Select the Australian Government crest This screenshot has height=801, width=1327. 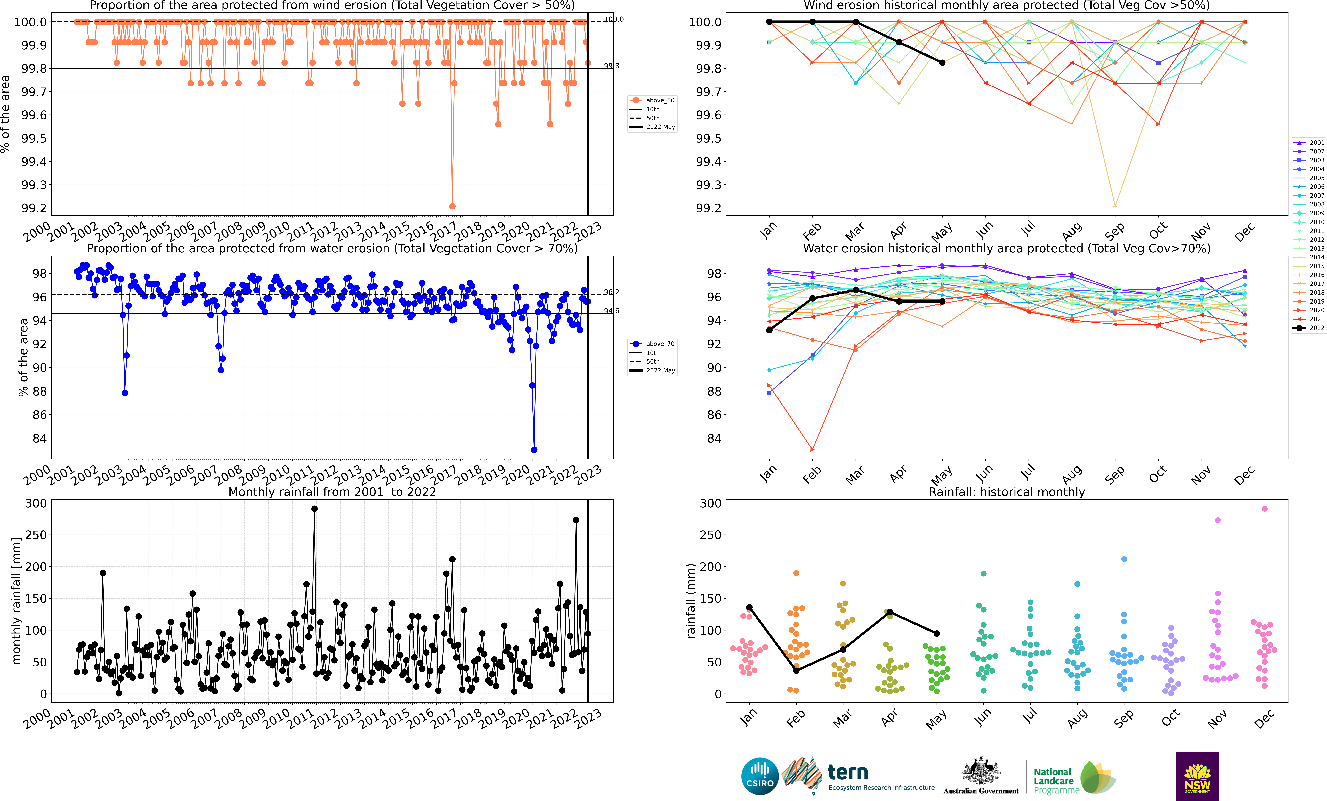point(981,776)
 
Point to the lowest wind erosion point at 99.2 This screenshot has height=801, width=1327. point(452,206)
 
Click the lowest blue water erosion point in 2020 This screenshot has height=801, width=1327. point(534,450)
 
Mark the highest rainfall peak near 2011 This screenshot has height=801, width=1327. point(314,509)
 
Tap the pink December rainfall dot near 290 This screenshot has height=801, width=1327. point(1265,509)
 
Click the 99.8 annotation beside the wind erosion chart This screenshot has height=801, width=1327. point(611,66)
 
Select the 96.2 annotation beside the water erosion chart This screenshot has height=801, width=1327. point(611,292)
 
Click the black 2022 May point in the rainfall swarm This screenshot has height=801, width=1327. point(937,633)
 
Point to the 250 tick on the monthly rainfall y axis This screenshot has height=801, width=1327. point(37,535)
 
